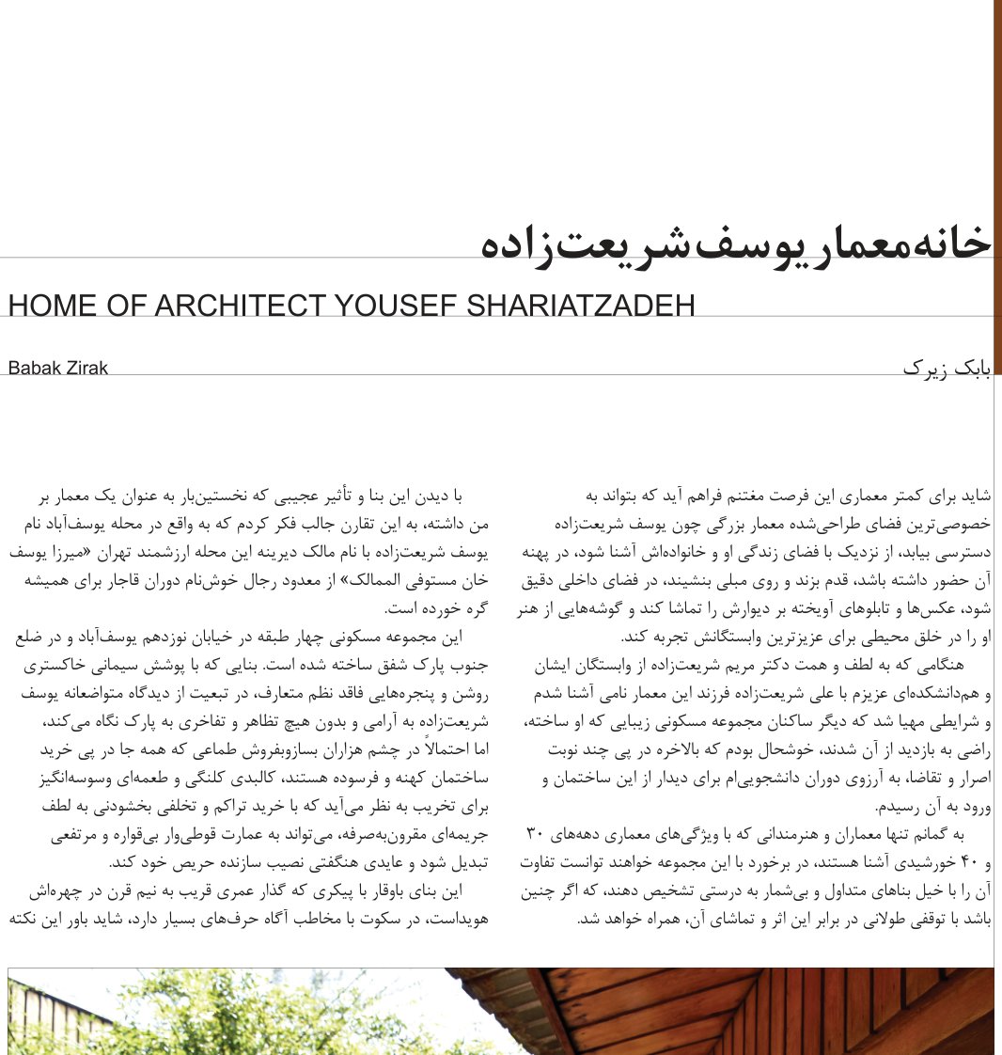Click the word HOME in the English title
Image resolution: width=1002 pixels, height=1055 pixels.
coord(46,306)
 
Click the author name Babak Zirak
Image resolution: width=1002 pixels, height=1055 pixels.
coord(57,368)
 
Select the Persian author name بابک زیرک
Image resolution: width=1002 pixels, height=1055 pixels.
coord(947,368)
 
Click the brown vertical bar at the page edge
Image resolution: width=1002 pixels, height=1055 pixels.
coord(997,188)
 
